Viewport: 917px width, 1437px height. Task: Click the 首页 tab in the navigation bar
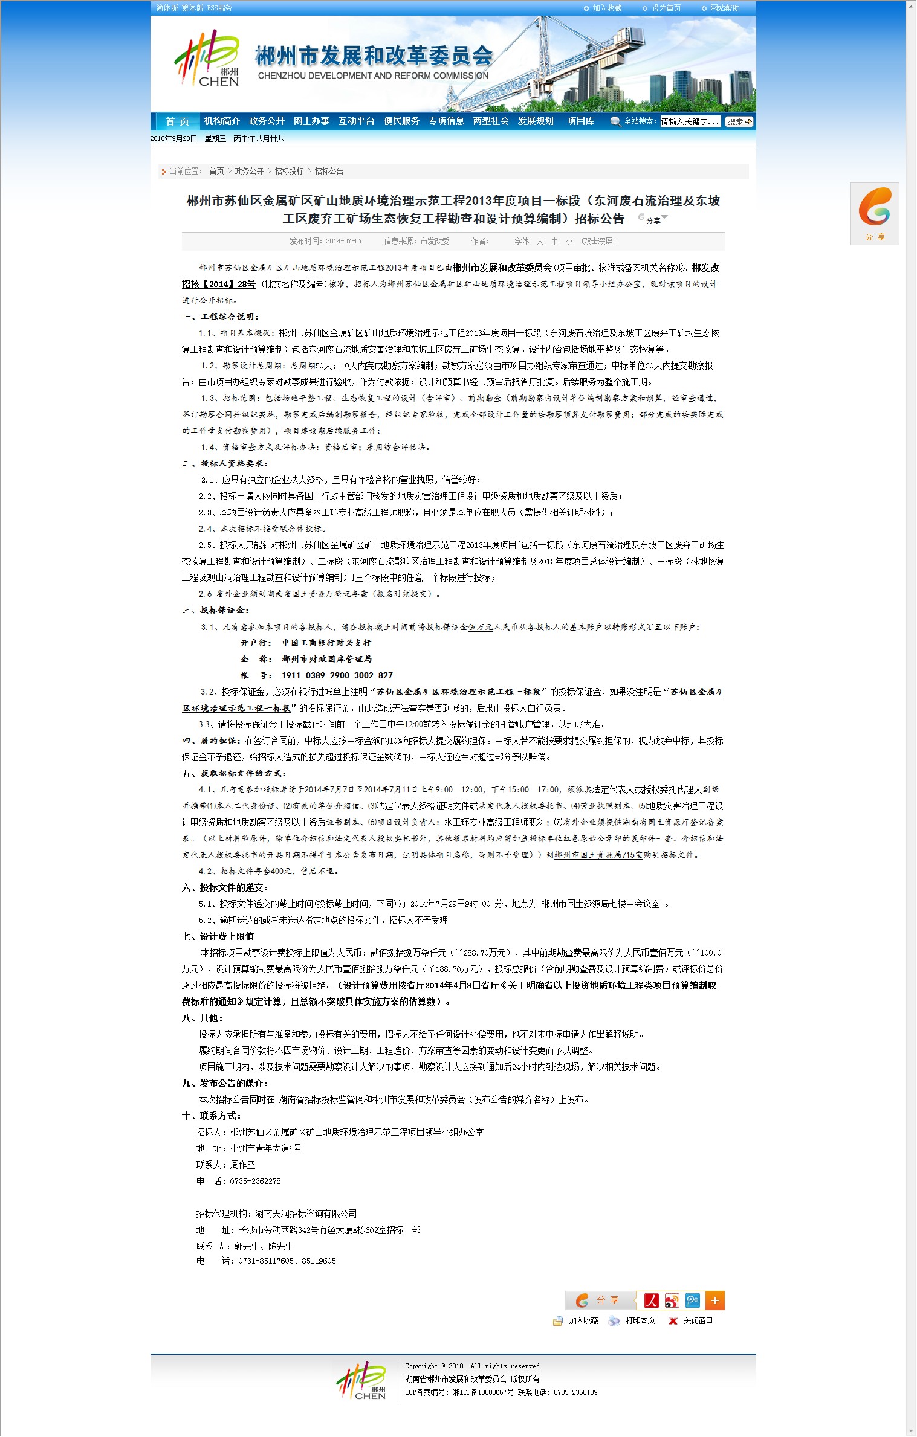[x=177, y=121]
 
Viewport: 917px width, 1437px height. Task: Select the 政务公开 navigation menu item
[x=267, y=121]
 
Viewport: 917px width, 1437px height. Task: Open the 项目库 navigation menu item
[x=580, y=121]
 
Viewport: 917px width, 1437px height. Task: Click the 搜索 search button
[x=739, y=122]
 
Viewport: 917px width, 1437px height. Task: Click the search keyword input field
[x=690, y=122]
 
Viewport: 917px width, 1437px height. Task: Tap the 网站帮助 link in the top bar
[x=724, y=8]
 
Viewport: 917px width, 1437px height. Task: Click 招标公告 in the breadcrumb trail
[x=329, y=172]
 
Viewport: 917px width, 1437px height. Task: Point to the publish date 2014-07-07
[x=344, y=242]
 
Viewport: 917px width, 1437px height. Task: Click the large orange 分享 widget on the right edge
[x=874, y=213]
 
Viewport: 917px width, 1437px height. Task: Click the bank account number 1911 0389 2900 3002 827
[x=337, y=675]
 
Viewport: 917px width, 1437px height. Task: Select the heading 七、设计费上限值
[x=218, y=936]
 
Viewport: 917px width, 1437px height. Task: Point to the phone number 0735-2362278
[x=255, y=1181]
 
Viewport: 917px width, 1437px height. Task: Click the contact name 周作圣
[x=242, y=1165]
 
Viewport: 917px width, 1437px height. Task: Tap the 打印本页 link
[x=640, y=1320]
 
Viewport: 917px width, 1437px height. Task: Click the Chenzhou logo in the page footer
[x=362, y=1381]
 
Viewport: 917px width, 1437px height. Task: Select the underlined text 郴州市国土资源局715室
[x=598, y=855]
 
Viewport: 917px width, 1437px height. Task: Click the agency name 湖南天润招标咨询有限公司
[x=306, y=1214]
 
